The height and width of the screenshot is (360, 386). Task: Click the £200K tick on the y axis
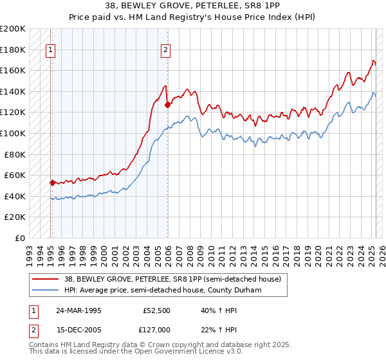click(x=13, y=29)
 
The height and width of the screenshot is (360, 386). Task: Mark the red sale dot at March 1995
click(x=52, y=183)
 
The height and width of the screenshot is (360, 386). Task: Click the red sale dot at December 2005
click(x=167, y=105)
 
